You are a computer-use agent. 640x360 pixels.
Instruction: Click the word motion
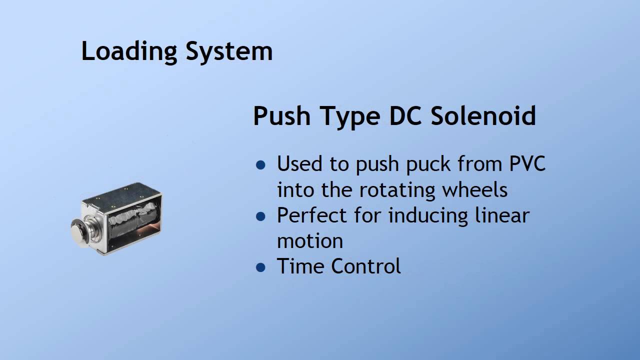[310, 241]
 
